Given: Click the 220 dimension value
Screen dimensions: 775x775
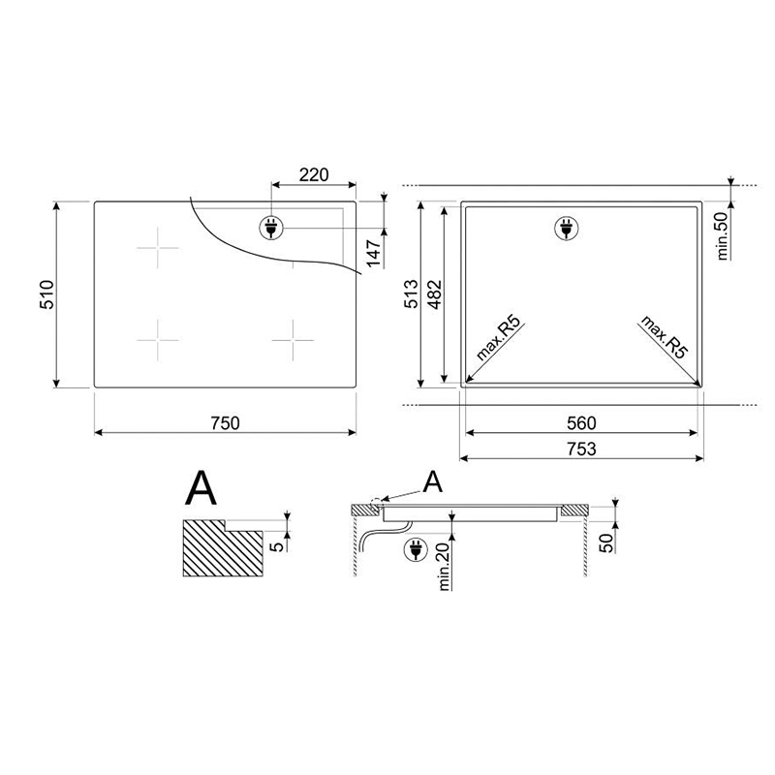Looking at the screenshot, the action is (x=314, y=174).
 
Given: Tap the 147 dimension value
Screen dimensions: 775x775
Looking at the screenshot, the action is (x=374, y=253).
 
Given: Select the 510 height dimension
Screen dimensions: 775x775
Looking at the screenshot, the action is (x=46, y=294).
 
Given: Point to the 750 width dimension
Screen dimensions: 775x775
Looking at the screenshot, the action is (x=225, y=423).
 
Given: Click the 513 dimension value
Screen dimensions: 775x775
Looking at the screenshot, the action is (x=411, y=294).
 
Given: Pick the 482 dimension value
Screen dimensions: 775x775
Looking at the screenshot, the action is (x=434, y=295).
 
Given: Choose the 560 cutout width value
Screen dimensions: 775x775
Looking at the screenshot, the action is (x=582, y=423).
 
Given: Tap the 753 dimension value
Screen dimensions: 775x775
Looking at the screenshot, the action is (x=582, y=449).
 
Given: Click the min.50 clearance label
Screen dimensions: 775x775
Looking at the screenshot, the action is (x=723, y=235).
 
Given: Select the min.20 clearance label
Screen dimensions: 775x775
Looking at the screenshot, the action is (x=444, y=567).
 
